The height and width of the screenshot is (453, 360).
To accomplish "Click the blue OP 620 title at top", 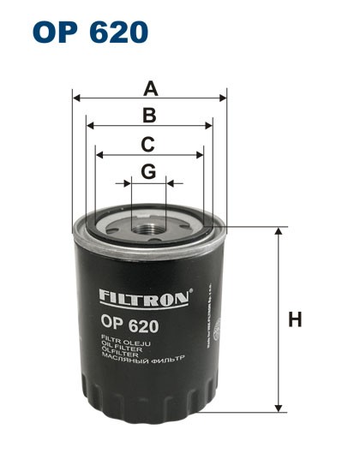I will [90, 32].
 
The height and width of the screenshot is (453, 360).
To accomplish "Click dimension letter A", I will [151, 87].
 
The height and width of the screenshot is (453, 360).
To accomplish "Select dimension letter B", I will [149, 116].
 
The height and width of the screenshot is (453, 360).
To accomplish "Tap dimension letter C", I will [148, 144].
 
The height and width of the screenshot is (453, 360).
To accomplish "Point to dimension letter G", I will [148, 171].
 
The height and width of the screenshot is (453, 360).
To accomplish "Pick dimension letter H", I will [295, 320].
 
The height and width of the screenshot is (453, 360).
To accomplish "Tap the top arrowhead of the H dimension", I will [278, 232].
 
